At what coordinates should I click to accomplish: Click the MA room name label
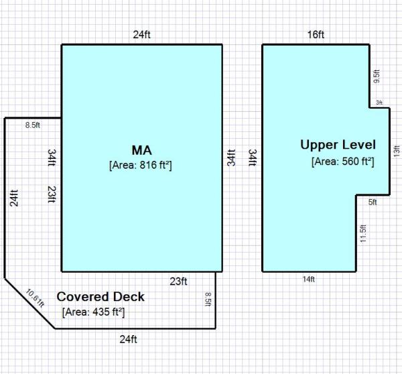tap(141, 149)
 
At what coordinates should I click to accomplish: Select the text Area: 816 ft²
tap(141, 164)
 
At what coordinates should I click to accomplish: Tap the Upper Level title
tap(338, 145)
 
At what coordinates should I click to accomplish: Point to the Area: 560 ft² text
tap(342, 161)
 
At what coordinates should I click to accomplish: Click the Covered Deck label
tap(100, 297)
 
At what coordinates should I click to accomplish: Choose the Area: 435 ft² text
tap(94, 312)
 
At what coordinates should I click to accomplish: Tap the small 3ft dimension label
tap(379, 103)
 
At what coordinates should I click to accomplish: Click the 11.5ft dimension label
tap(363, 234)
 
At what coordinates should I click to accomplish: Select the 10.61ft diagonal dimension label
tap(35, 297)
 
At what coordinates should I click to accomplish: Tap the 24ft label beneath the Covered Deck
tap(129, 338)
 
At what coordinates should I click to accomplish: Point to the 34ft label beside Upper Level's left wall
tap(253, 158)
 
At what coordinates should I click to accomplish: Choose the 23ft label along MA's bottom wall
tap(178, 282)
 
